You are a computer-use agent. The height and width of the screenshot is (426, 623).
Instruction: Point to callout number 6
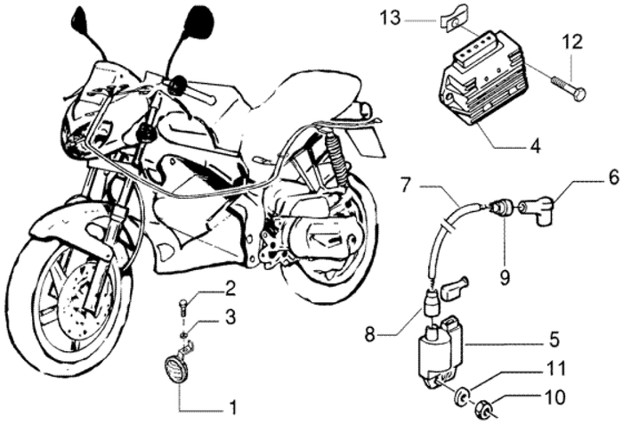click(588, 178)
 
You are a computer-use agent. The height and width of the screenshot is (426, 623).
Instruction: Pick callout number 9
click(505, 276)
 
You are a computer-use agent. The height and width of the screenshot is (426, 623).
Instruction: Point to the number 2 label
click(230, 288)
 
